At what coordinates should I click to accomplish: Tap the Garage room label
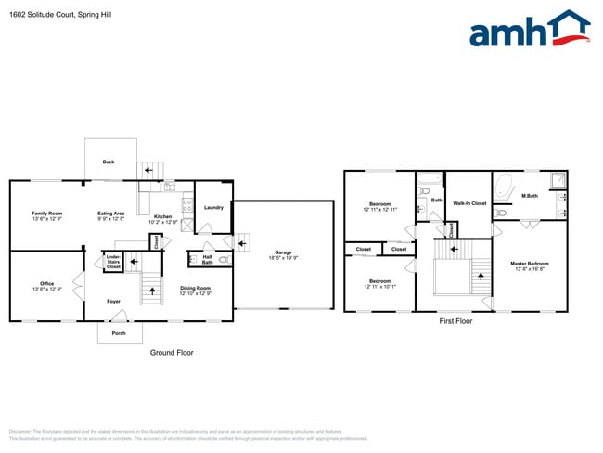(x=284, y=252)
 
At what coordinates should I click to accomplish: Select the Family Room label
(x=46, y=214)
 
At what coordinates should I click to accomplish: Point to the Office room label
(x=46, y=283)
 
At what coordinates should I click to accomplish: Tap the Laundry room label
(x=213, y=207)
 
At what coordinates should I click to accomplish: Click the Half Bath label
(x=207, y=259)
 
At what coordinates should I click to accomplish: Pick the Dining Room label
(x=196, y=288)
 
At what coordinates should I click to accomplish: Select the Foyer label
(x=113, y=301)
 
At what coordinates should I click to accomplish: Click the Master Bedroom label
(x=530, y=264)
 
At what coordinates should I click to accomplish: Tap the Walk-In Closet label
(x=469, y=202)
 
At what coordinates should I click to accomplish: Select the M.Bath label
(x=530, y=196)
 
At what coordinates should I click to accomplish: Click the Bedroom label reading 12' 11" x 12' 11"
(x=379, y=204)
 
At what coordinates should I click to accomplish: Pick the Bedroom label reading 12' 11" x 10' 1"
(x=379, y=281)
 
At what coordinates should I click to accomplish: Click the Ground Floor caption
(x=172, y=353)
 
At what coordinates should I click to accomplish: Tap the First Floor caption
(x=455, y=321)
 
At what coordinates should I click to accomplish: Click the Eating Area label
(x=111, y=214)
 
